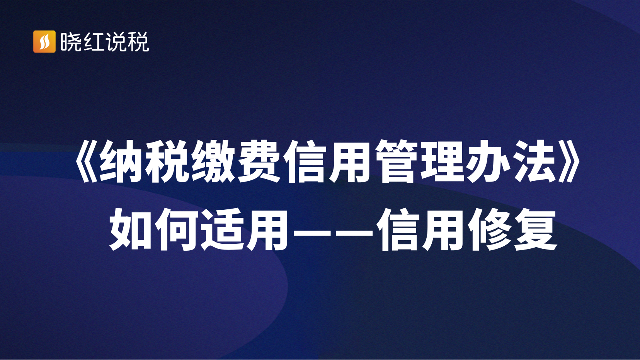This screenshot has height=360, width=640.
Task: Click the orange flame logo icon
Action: pos(44,42)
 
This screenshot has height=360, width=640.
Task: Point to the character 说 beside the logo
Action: pos(116,42)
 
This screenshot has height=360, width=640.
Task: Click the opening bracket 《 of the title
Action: pos(86,161)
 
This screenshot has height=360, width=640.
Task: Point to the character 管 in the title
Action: pos(398,161)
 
